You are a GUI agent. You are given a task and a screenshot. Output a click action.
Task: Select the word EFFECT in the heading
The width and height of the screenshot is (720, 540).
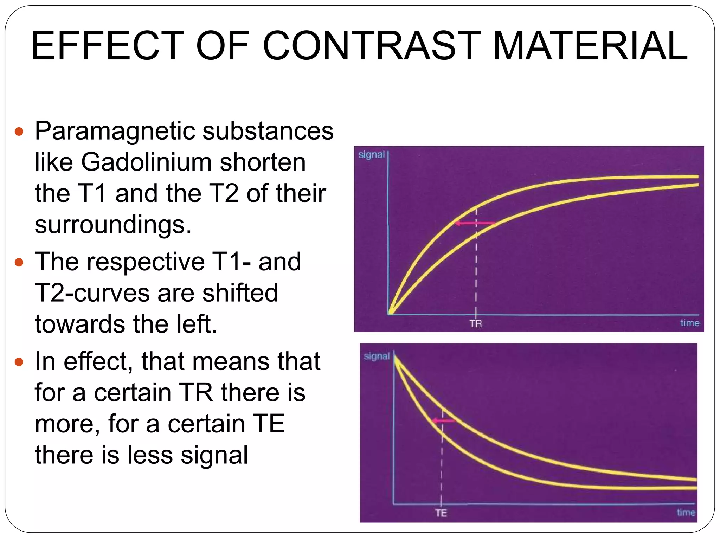[107, 46]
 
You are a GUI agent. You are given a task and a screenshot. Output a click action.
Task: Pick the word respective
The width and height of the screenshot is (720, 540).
[146, 262]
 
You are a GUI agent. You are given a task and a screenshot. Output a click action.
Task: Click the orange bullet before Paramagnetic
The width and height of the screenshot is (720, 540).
[19, 132]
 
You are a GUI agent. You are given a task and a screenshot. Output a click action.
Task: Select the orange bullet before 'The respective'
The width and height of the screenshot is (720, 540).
[19, 262]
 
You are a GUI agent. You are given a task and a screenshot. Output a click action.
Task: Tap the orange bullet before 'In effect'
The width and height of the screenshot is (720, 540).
[19, 362]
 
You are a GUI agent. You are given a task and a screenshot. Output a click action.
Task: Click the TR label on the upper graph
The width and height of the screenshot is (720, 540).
[476, 323]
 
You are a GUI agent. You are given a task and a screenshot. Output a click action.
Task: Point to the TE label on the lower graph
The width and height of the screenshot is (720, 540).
[441, 513]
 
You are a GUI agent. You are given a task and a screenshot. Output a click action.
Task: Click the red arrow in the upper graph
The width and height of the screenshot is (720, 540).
[475, 223]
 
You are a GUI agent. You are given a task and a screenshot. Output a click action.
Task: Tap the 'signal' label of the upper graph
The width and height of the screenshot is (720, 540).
[371, 155]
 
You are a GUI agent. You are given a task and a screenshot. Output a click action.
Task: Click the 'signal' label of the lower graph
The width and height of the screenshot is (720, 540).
[377, 356]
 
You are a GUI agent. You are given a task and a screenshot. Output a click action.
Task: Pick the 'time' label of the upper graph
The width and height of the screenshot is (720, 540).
[689, 323]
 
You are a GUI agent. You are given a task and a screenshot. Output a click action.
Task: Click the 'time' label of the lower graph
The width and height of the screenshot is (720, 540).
[686, 512]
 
